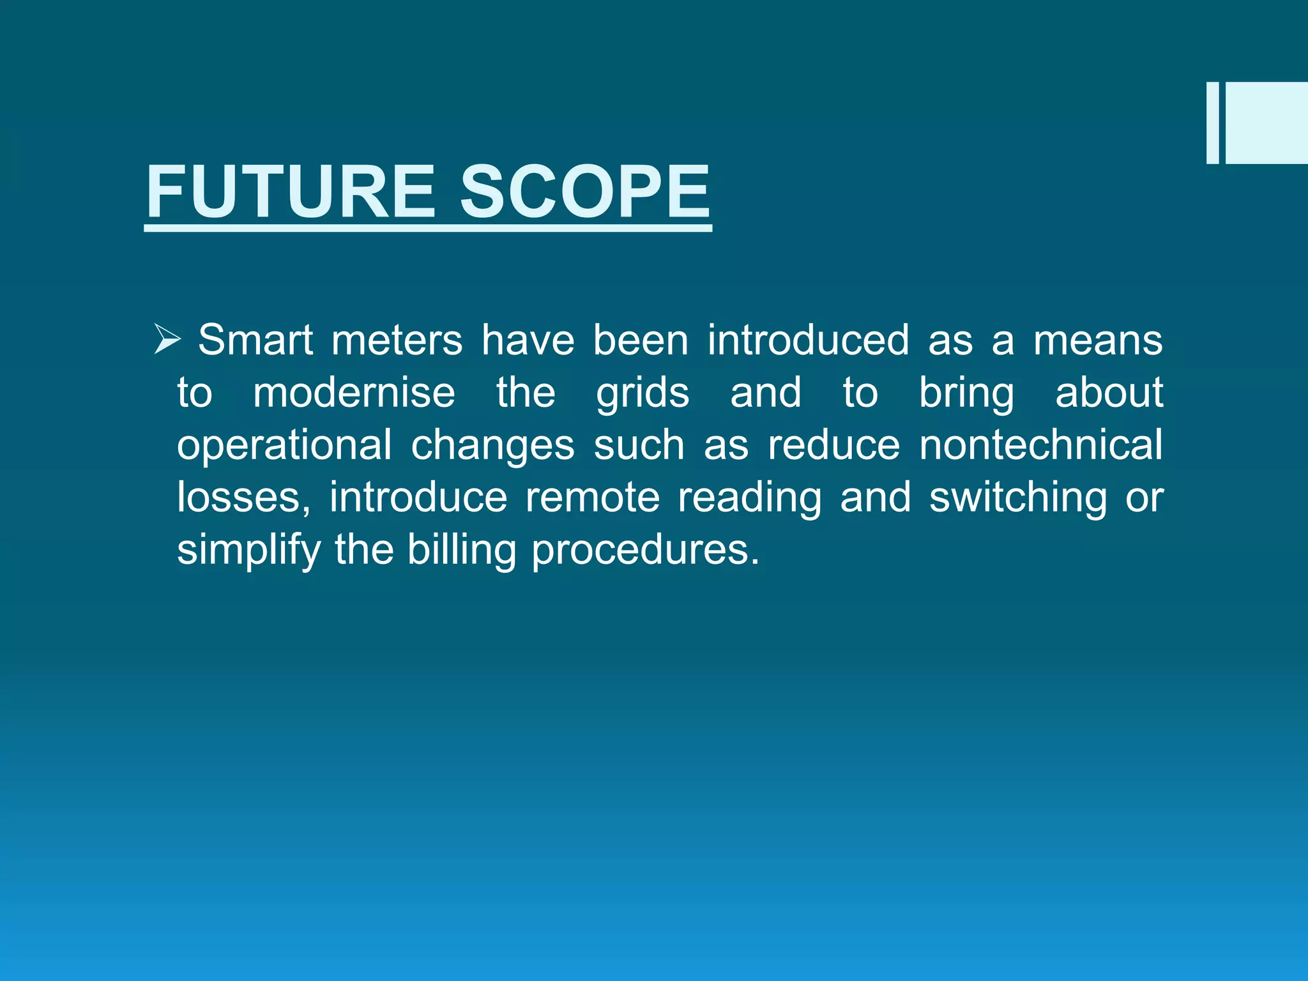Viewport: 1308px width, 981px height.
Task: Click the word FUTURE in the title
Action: click(x=291, y=192)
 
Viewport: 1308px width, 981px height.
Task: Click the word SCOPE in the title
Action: click(x=584, y=192)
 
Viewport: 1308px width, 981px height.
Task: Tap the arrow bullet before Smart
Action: click(x=168, y=339)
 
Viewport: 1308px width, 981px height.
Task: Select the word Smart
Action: click(x=255, y=340)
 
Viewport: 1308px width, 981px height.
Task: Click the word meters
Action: click(x=397, y=340)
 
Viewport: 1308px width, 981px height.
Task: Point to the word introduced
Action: click(x=808, y=340)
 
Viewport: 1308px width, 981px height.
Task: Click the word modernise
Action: click(x=354, y=392)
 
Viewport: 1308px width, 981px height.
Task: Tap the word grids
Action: click(x=643, y=393)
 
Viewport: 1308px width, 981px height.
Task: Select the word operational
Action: click(x=284, y=445)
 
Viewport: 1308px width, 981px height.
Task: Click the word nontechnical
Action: click(x=1041, y=445)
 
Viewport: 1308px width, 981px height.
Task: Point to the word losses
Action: click(x=243, y=498)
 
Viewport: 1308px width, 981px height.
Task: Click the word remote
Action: click(x=592, y=498)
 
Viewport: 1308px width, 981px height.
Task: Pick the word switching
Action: click(x=1018, y=498)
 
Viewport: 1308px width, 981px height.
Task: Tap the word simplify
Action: click(x=248, y=550)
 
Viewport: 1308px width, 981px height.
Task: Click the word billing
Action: click(x=462, y=550)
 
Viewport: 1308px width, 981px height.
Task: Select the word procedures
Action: click(x=645, y=550)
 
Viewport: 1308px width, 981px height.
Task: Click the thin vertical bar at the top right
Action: click(x=1212, y=123)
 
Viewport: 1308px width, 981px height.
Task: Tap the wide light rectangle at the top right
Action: click(x=1266, y=123)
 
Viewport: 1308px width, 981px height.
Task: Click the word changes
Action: click(x=492, y=445)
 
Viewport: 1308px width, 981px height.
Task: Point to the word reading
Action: click(x=749, y=498)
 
